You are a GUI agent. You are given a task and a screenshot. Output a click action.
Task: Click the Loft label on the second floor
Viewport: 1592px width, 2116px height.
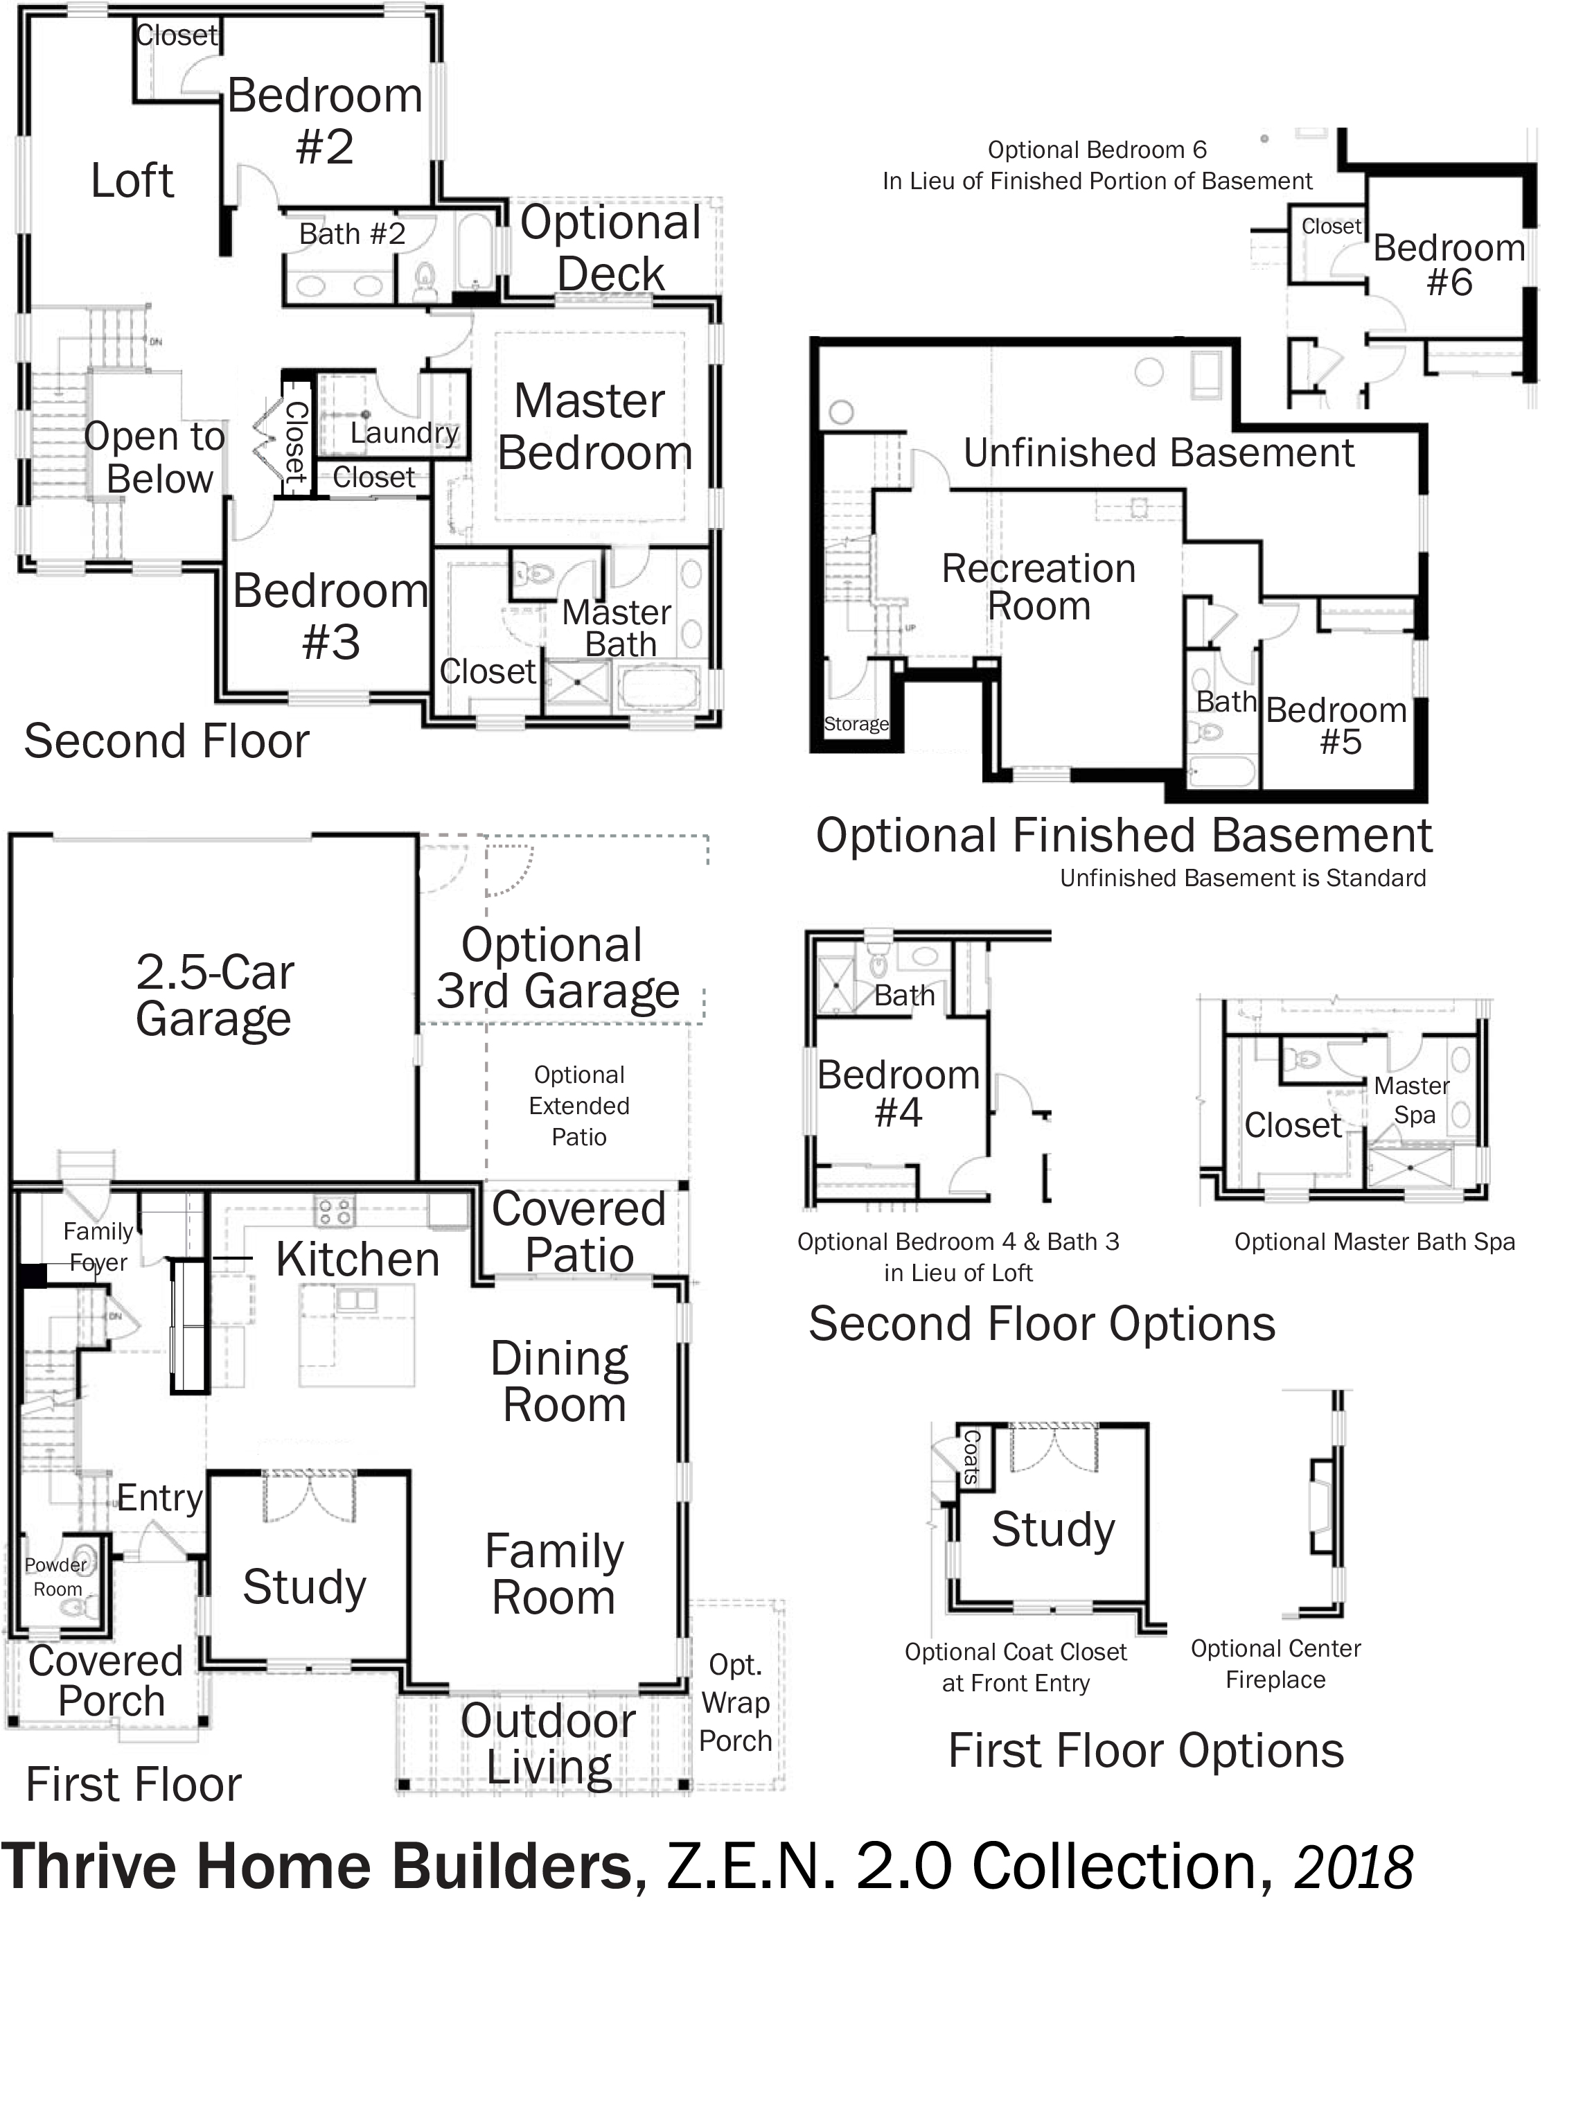[x=132, y=180]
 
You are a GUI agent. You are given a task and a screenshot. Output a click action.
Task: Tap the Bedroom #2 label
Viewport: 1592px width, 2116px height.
[x=326, y=121]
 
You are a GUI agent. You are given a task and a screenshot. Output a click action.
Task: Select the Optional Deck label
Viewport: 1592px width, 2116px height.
[x=610, y=248]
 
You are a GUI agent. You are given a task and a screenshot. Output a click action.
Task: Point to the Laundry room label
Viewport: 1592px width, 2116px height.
[x=404, y=433]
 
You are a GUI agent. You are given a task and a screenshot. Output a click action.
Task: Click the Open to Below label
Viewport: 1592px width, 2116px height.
[x=155, y=457]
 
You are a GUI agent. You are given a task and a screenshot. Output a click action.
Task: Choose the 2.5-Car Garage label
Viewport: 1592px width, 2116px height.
[x=214, y=996]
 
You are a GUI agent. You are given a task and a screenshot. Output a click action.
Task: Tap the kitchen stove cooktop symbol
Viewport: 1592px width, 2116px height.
[x=334, y=1211]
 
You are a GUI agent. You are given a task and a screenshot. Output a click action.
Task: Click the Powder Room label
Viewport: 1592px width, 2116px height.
[x=56, y=1576]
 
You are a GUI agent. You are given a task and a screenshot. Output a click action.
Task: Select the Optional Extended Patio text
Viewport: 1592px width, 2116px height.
[x=579, y=1106]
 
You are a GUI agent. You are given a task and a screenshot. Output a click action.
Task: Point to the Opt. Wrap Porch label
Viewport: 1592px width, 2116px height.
[x=735, y=1702]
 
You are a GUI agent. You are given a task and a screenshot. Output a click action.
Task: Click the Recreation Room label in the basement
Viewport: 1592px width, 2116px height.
[x=1039, y=588]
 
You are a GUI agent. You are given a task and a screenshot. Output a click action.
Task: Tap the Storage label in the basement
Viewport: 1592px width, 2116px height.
[x=856, y=724]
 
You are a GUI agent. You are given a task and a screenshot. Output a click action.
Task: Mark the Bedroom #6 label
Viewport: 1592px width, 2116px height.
[x=1449, y=265]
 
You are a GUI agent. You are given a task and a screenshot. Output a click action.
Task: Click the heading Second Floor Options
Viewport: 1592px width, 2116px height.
[x=1042, y=1324]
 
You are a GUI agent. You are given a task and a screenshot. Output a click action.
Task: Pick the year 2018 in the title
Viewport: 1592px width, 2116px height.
[x=1353, y=1867]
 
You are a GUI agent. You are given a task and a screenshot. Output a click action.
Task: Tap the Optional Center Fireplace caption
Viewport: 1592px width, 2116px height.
[x=1275, y=1664]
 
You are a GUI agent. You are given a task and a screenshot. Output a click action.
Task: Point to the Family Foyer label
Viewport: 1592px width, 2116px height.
[x=98, y=1246]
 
